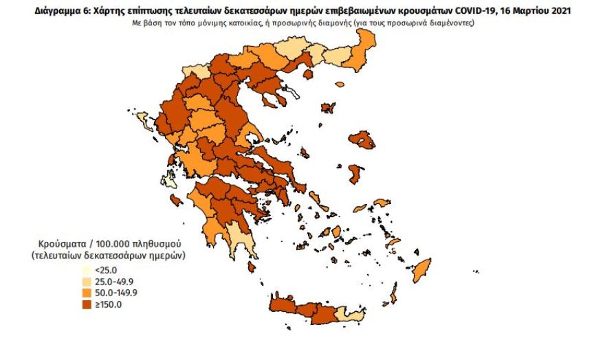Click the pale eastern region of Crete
coord(349,315)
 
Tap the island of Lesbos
coord(362,140)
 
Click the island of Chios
coord(355,172)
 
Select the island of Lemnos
coord(328,108)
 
